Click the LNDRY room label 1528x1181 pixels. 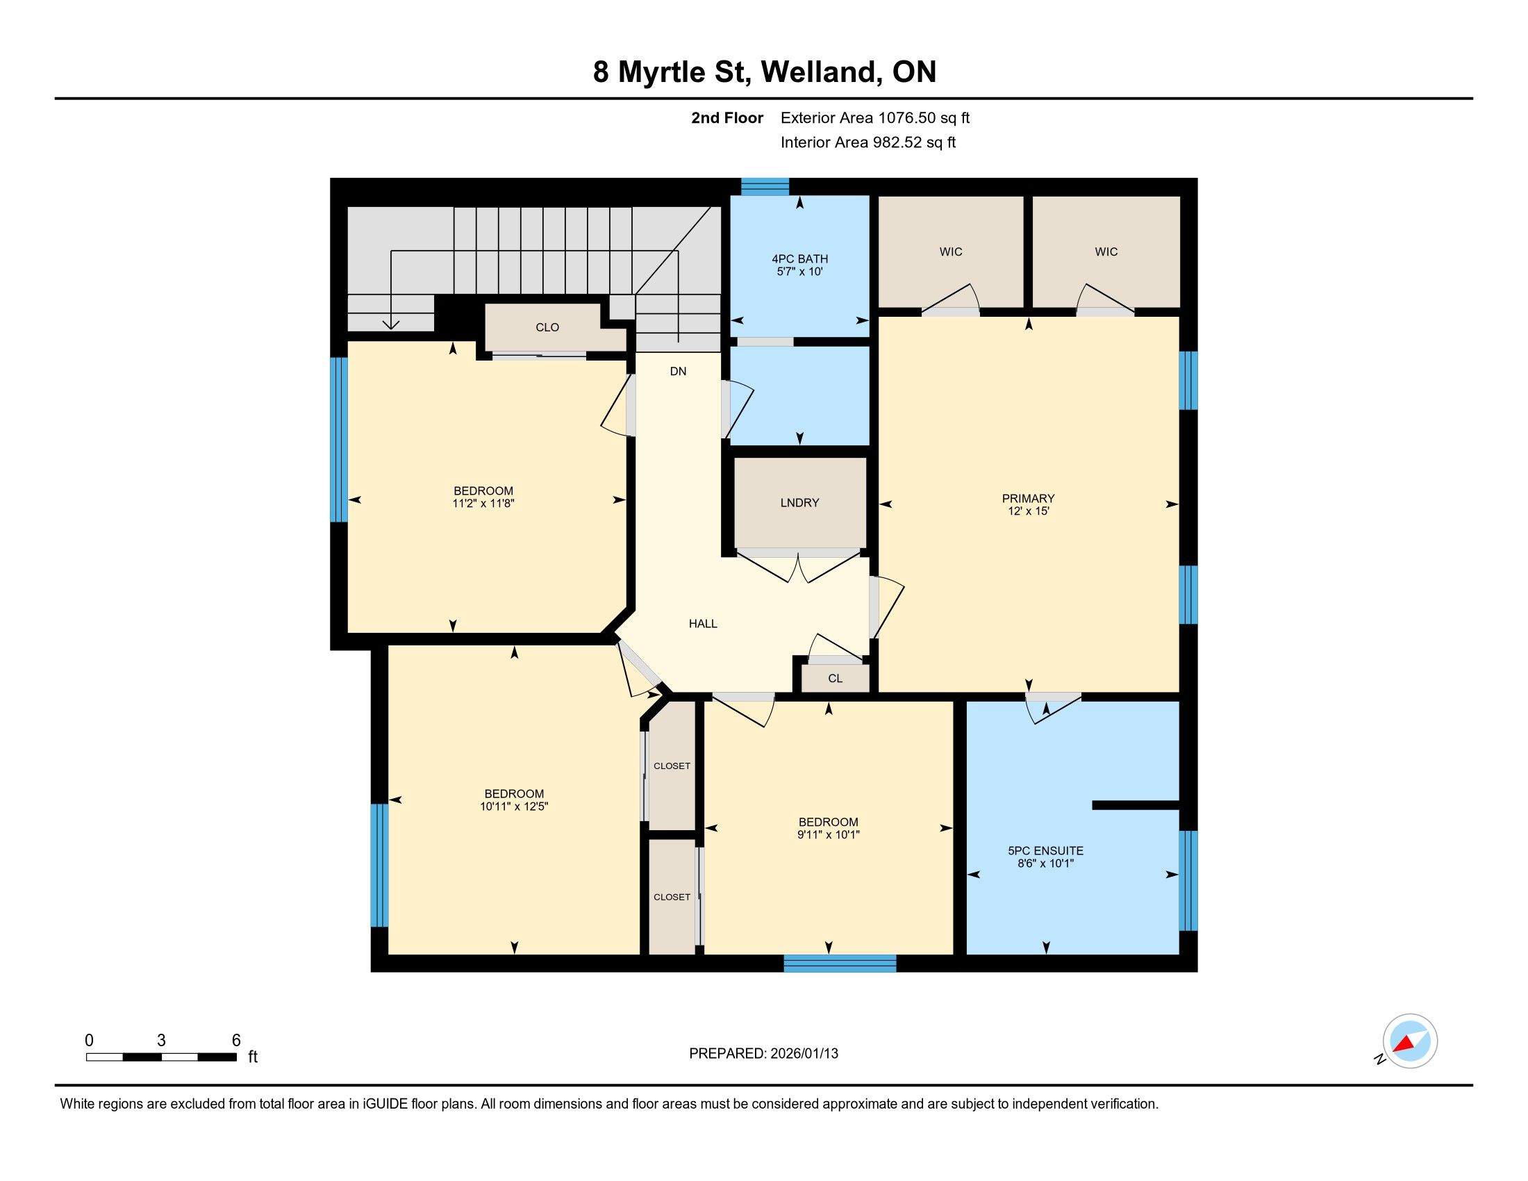coord(799,502)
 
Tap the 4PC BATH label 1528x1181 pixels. coord(799,259)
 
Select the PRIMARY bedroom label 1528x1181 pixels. coord(1028,498)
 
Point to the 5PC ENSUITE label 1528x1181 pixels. coord(1045,851)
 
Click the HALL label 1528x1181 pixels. coord(703,623)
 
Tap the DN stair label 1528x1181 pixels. coord(678,372)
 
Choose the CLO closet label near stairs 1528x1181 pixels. coord(547,327)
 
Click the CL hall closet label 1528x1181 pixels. coord(835,679)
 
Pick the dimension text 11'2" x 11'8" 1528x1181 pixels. coord(483,503)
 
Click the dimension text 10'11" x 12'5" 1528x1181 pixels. coord(513,806)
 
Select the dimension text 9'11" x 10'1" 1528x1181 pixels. coord(829,834)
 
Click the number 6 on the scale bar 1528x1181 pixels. coord(236,1040)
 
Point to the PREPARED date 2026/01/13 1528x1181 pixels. coord(804,1054)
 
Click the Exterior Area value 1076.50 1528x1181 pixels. coord(906,117)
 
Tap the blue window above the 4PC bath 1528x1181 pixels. coord(765,186)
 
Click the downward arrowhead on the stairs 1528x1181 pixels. coord(391,324)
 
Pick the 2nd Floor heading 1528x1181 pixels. coord(727,117)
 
